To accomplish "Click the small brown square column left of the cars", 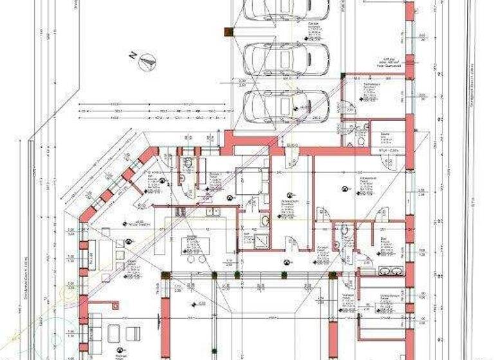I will tap(227, 30).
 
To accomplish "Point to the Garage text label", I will tap(315, 24).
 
